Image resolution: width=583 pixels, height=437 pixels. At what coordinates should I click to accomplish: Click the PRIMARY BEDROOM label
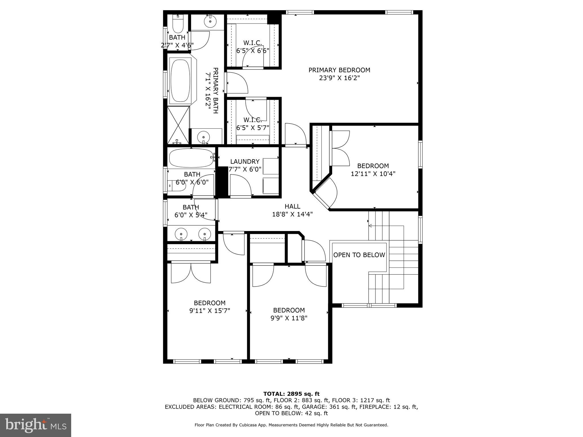tap(339, 70)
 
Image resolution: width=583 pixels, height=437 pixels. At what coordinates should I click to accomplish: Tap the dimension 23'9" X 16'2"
tap(339, 78)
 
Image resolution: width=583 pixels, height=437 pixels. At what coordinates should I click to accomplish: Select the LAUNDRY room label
tap(245, 162)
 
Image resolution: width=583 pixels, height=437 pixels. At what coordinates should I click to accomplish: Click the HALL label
tap(292, 207)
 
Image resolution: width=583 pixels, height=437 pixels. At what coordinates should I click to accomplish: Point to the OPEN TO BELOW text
tap(359, 255)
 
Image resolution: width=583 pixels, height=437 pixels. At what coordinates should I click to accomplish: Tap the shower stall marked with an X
tap(178, 125)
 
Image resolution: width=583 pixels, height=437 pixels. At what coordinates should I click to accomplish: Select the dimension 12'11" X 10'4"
tap(373, 174)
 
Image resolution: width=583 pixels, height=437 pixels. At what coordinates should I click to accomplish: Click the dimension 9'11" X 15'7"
tap(210, 311)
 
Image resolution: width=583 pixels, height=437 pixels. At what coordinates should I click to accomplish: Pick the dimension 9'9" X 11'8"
tap(289, 318)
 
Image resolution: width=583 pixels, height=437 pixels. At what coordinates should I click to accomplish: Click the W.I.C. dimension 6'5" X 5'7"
tap(253, 128)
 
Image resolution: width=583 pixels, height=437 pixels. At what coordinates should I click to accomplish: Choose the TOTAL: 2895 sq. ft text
tap(291, 394)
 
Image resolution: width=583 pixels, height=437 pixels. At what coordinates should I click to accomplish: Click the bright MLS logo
tap(35, 425)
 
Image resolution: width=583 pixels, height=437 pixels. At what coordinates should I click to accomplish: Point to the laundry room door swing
tap(240, 185)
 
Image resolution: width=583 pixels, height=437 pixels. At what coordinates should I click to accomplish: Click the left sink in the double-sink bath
tap(181, 234)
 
